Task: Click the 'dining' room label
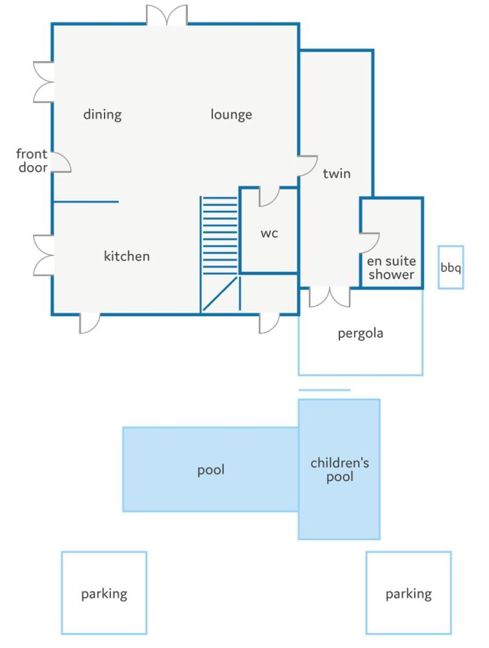pos(103,115)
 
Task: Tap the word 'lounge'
pos(231,115)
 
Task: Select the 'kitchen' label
pos(126,256)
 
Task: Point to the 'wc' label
pos(269,233)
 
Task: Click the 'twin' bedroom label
pos(337,173)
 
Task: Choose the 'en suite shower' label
pos(391,268)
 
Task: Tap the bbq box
pos(450,268)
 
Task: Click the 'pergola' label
pos(361,333)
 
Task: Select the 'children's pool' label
pos(339,469)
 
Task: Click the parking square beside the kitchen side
pos(104,593)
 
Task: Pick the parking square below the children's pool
pos(408,593)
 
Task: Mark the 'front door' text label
pos(32,161)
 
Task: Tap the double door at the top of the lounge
pos(166,15)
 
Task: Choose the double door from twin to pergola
pos(330,297)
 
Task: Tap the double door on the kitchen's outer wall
pos(43,255)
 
